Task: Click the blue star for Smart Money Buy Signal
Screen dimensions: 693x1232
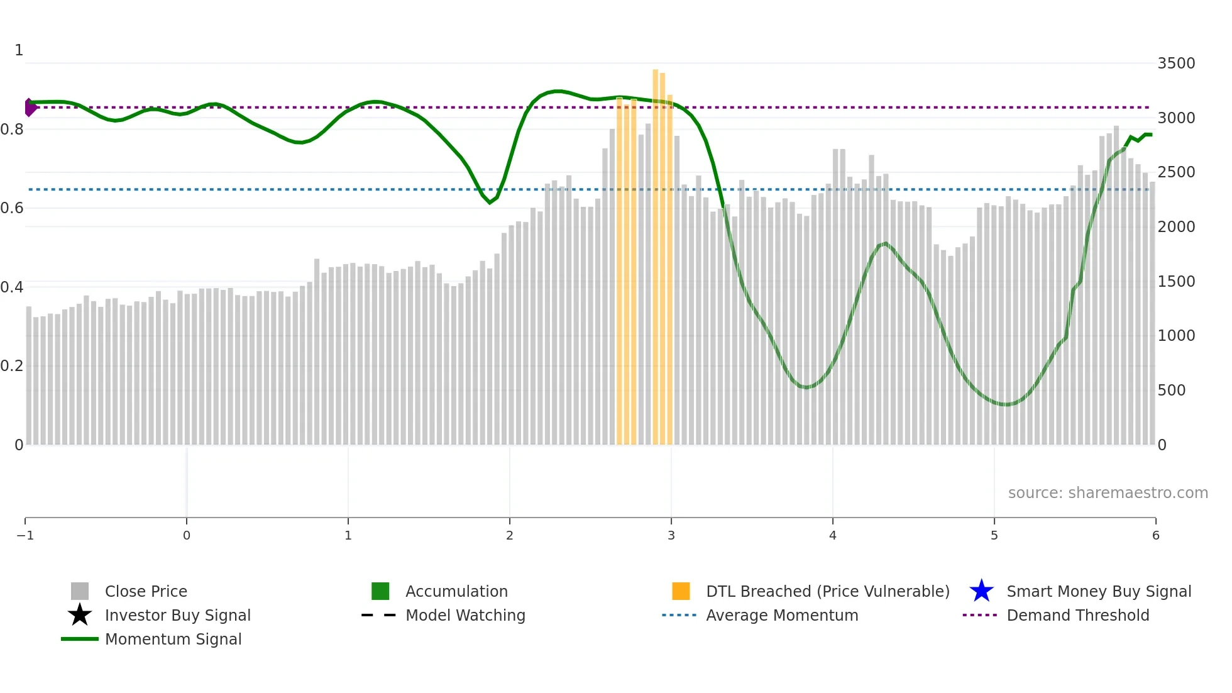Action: click(x=981, y=591)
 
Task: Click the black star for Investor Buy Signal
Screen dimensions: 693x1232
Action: click(x=80, y=615)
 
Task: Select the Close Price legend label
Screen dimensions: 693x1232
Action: click(x=146, y=591)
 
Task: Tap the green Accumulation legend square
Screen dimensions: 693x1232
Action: click(x=380, y=591)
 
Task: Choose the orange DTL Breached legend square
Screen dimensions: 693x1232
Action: click(x=681, y=591)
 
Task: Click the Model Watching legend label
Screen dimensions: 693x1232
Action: click(x=465, y=615)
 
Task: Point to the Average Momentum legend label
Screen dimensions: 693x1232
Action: click(x=782, y=615)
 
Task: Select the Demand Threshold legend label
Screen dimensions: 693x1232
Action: click(x=1077, y=615)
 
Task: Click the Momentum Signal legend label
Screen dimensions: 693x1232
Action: click(x=173, y=639)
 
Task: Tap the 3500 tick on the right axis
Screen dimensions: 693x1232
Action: click(x=1176, y=64)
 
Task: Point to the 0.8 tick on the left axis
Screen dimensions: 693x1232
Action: click(x=12, y=130)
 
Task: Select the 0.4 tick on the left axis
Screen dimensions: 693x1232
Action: click(x=12, y=287)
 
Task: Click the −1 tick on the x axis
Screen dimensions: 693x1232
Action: click(x=25, y=535)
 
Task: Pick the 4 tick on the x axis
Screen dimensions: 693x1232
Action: click(x=833, y=535)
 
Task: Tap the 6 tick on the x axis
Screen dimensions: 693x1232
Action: click(x=1155, y=535)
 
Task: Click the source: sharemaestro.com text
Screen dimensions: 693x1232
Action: click(x=1108, y=493)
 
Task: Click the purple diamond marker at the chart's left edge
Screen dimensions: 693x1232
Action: click(x=30, y=108)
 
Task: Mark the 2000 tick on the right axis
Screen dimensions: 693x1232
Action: click(x=1176, y=227)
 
